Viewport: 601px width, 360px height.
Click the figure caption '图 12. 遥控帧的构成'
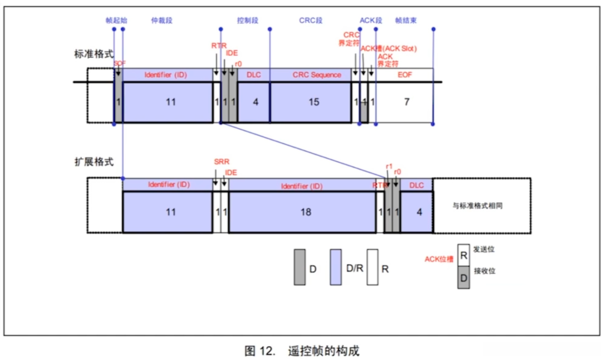302,351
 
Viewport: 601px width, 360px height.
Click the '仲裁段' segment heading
162,21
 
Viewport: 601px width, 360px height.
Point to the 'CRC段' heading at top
311,21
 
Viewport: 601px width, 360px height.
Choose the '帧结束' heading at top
406,21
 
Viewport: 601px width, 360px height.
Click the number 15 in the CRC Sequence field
314,102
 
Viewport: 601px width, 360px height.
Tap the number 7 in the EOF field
406,102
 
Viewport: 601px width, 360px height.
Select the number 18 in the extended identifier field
306,212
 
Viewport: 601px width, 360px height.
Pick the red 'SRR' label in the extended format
221,162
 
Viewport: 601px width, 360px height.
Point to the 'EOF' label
405,75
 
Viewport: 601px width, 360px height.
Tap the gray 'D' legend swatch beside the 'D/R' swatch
300,267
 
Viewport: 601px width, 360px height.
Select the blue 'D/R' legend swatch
336,267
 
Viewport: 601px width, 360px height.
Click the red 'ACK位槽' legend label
439,259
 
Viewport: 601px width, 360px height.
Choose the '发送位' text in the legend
484,249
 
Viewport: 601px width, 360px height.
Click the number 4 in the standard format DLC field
255,102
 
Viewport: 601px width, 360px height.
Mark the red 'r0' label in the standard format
237,64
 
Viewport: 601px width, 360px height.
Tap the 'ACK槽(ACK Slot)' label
389,48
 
